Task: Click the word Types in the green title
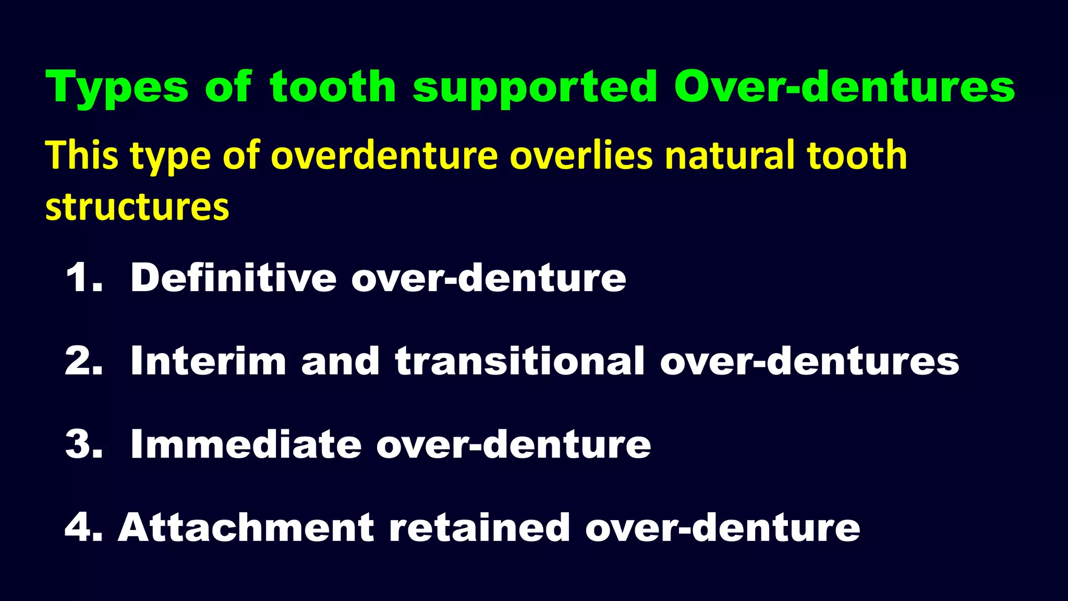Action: point(117,88)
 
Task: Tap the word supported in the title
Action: point(535,88)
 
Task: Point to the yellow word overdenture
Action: point(384,156)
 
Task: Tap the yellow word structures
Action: point(137,207)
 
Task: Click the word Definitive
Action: point(233,278)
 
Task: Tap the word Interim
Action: point(208,361)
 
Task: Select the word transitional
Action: point(520,361)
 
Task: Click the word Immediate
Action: point(246,444)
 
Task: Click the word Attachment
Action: point(246,527)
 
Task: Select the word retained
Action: point(479,527)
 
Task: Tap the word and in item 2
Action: point(340,361)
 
